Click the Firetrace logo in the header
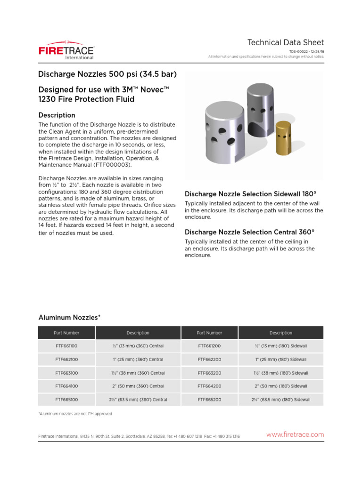pos(66,51)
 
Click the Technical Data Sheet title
pos(286,42)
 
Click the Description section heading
pos(57,115)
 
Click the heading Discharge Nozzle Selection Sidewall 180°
pos(250,194)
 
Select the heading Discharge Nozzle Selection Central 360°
pos(249,232)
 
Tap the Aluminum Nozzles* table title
pos(69,318)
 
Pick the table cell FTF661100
pos(66,346)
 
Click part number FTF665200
pos(209,400)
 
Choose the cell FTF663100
pos(66,373)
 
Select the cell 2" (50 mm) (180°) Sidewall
pos(281,386)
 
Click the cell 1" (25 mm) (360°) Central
pos(138,360)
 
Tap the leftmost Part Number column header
pos(66,333)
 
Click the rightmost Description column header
pos(281,333)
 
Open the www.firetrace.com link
pos(295,434)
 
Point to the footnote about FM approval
pos(75,414)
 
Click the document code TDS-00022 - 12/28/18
pos(306,52)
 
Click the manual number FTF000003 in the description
pos(112,165)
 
